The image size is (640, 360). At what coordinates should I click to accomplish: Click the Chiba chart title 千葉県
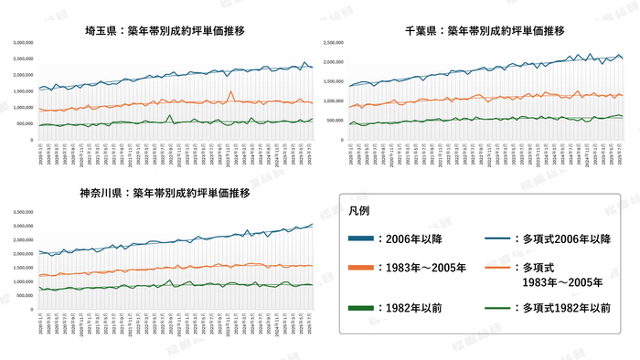[x=418, y=30]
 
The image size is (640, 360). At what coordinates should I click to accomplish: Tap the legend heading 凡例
[x=359, y=210]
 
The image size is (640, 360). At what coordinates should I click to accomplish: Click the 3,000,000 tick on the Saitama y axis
[x=23, y=43]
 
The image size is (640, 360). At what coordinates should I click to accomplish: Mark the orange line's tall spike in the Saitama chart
[x=232, y=91]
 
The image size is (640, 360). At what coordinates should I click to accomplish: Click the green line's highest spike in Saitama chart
[x=170, y=115]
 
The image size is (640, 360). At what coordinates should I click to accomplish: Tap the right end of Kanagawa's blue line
[x=312, y=224]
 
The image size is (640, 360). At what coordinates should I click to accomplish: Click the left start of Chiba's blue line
[x=350, y=87]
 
